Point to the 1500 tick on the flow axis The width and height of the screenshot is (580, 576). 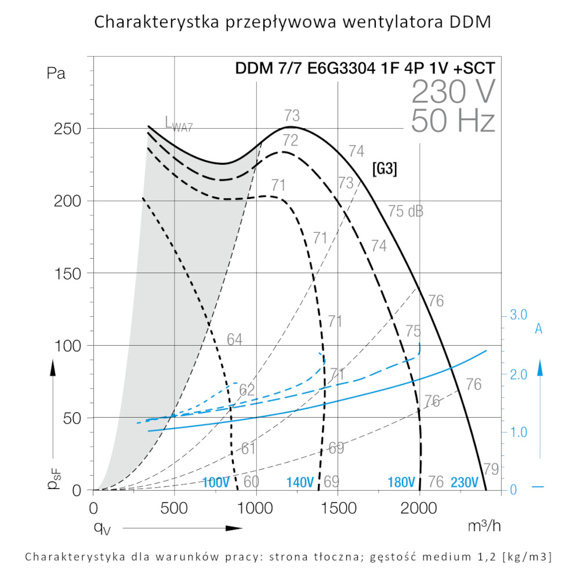click(338, 508)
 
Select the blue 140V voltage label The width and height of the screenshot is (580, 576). click(300, 482)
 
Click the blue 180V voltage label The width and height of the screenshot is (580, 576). click(401, 482)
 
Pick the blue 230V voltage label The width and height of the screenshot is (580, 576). click(464, 482)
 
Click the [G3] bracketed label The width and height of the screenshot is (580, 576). click(384, 170)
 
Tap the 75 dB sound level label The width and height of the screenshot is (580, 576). click(405, 212)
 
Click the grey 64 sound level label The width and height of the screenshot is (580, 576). click(234, 340)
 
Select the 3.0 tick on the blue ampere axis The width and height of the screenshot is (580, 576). click(517, 316)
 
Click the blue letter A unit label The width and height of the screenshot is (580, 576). click(538, 329)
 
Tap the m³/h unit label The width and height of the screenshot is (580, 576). click(484, 526)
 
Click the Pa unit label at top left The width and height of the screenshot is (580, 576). click(56, 74)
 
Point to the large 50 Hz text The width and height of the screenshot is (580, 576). click(452, 122)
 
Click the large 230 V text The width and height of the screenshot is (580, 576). click(453, 91)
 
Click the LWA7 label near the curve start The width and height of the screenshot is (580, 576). click(178, 123)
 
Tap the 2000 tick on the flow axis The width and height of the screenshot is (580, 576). click(419, 508)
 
